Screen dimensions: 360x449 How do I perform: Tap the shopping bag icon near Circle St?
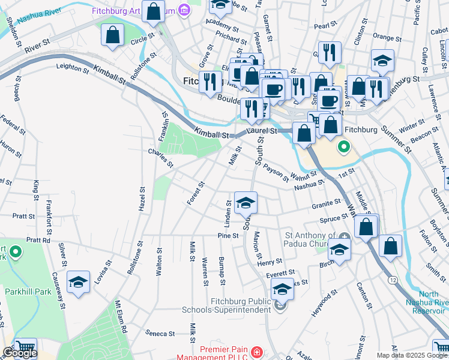(x=113, y=35)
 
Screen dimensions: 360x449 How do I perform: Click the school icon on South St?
(x=246, y=203)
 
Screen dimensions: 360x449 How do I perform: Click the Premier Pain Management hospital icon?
(x=256, y=351)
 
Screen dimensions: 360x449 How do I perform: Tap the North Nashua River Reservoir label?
(x=424, y=302)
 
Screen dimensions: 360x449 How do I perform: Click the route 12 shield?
(x=392, y=280)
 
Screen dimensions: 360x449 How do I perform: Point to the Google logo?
(x=20, y=353)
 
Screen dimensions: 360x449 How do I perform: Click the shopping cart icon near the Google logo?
(x=25, y=347)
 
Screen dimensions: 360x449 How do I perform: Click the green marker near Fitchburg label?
(x=344, y=146)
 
